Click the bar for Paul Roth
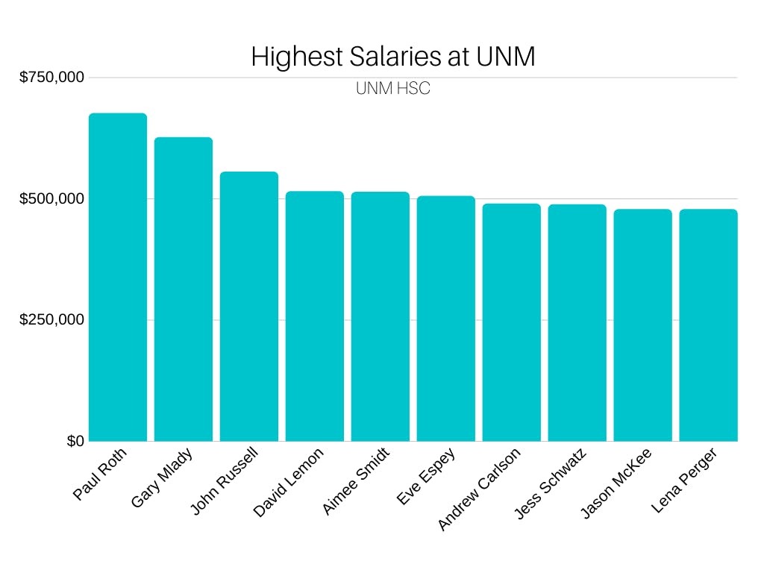click(x=118, y=277)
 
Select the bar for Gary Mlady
click(x=184, y=289)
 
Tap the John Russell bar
click(x=249, y=306)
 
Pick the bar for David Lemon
click(x=315, y=316)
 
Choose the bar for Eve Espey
click(x=446, y=318)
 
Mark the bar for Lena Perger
click(x=709, y=325)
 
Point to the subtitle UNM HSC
click(x=393, y=89)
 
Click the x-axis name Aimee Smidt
click(x=356, y=481)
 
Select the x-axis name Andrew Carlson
click(x=479, y=489)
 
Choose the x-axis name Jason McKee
click(x=616, y=483)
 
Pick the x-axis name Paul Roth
click(x=100, y=475)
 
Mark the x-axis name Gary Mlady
click(x=162, y=477)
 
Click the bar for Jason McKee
click(x=643, y=325)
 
